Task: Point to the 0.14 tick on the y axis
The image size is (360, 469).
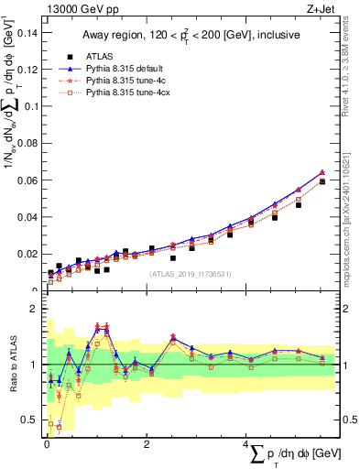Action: [27, 33]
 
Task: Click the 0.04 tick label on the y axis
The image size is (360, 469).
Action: [27, 217]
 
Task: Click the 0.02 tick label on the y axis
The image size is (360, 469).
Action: [27, 254]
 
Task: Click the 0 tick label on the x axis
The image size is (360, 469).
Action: [47, 444]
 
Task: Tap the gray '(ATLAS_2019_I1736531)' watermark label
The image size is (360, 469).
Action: [190, 273]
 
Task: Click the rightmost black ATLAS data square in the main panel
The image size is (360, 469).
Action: [322, 181]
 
